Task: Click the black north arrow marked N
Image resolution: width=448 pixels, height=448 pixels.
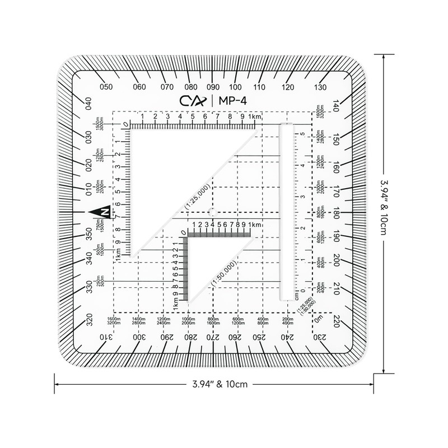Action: pyautogui.click(x=100, y=212)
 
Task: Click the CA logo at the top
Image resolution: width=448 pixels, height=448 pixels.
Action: pyautogui.click(x=195, y=101)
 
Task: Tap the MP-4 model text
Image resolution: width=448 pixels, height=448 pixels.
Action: pyautogui.click(x=231, y=101)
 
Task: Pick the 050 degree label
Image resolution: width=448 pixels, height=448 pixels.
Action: pyautogui.click(x=106, y=87)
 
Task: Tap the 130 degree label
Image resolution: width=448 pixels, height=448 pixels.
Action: pyautogui.click(x=320, y=87)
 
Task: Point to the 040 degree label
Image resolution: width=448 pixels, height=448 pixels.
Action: pyautogui.click(x=88, y=105)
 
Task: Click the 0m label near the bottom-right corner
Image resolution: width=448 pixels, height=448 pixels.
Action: pyautogui.click(x=320, y=319)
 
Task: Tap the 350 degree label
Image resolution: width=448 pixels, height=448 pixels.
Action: pyautogui.click(x=88, y=234)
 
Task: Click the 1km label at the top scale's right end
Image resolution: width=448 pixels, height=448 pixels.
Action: pyautogui.click(x=256, y=116)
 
